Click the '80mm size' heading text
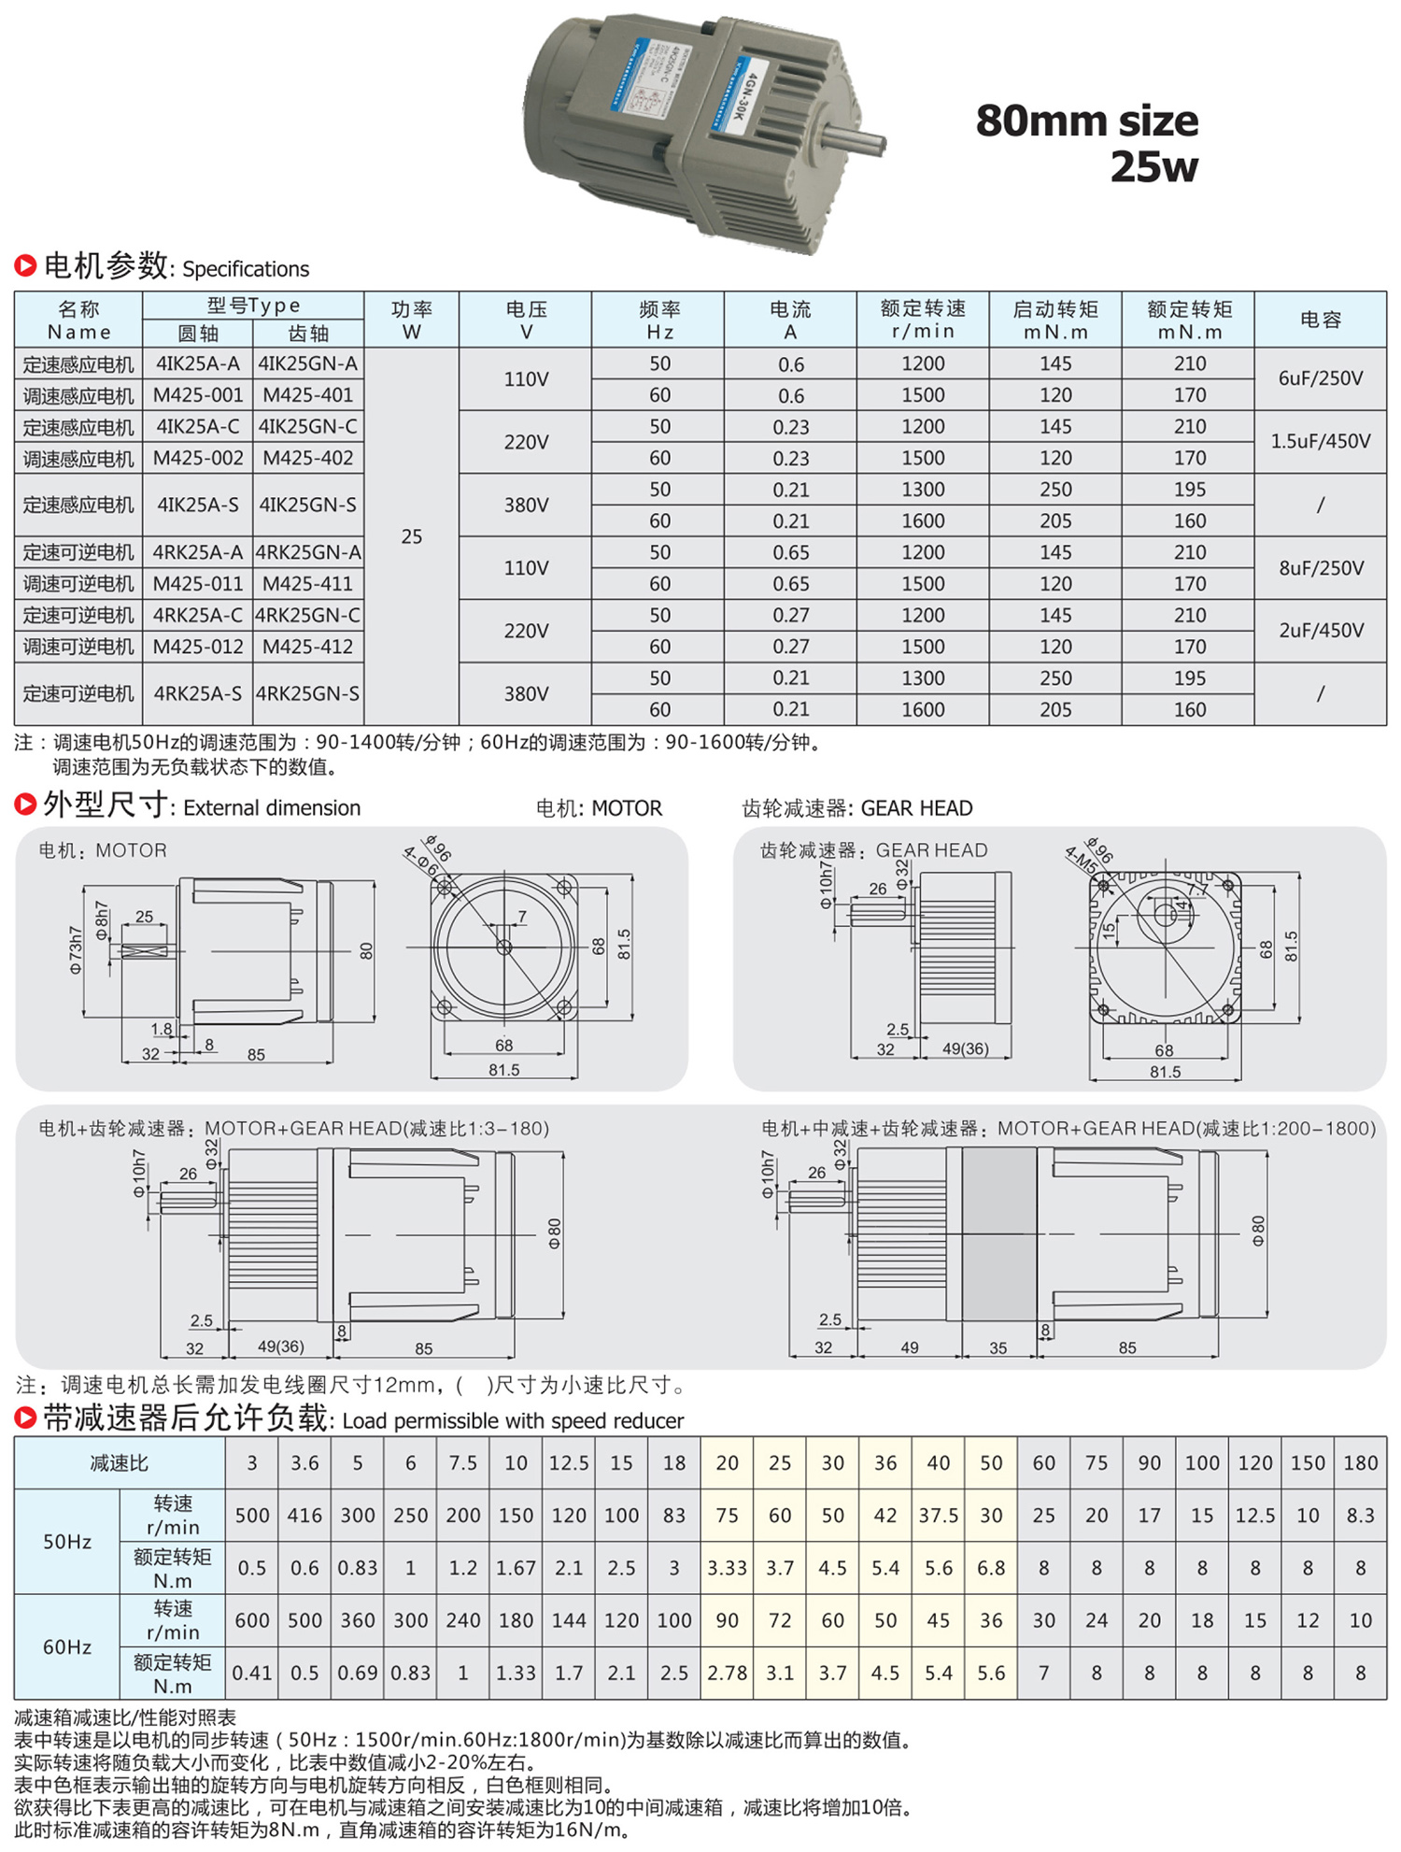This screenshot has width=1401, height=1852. click(1086, 121)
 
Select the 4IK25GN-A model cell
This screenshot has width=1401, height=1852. click(308, 363)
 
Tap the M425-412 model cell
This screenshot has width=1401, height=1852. click(308, 647)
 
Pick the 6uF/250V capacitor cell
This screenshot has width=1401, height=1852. click(1320, 378)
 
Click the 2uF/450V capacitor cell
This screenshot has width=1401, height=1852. click(1320, 631)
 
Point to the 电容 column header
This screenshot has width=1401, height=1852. click(1320, 320)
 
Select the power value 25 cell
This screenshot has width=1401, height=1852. click(411, 536)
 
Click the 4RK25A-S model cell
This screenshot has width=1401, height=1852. click(197, 693)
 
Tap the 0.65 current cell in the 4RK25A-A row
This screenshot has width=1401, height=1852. click(790, 552)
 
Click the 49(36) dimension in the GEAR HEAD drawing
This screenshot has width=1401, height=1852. click(965, 1048)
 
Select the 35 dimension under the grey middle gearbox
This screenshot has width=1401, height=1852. click(998, 1347)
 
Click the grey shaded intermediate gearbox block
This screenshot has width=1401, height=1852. click(998, 1233)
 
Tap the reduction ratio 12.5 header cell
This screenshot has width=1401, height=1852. click(568, 1462)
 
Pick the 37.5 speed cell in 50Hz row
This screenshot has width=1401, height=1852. click(938, 1515)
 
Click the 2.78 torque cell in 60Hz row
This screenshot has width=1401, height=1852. click(727, 1673)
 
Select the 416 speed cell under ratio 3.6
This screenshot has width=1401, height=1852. click(304, 1515)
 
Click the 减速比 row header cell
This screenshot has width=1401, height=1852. click(119, 1462)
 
